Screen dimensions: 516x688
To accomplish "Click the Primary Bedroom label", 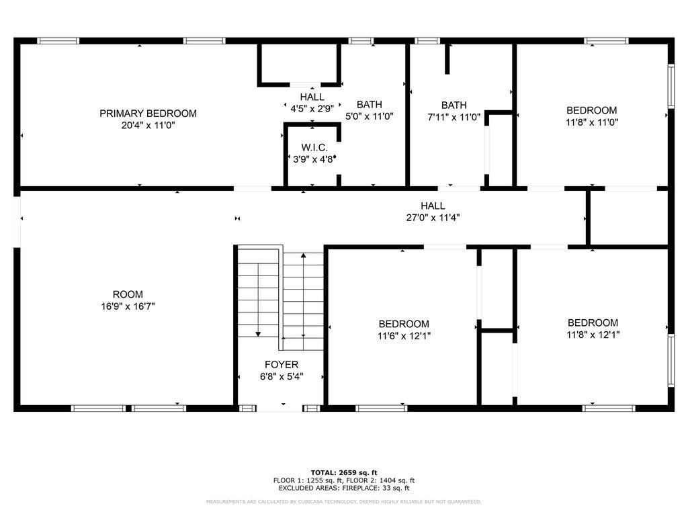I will tap(148, 114).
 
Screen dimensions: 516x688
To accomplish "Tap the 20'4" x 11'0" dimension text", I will tap(148, 125).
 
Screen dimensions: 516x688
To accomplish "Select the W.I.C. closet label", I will tap(314, 148).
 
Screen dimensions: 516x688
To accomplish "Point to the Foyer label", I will tap(281, 365).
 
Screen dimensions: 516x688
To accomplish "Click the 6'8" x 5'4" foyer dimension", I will tap(281, 376).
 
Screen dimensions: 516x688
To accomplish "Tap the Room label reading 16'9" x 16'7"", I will tap(128, 294).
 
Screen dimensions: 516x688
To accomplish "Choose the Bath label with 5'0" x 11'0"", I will tap(369, 104).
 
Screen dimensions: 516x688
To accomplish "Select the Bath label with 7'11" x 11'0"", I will tap(454, 105).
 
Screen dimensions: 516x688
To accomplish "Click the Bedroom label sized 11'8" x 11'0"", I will tap(591, 110).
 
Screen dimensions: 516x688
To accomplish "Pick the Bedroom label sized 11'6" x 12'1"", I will tap(403, 324).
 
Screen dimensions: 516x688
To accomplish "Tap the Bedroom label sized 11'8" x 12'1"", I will tap(593, 322).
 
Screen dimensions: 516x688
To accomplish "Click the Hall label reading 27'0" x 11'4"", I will tap(432, 206).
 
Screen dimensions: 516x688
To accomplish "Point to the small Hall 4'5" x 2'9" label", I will tap(312, 97).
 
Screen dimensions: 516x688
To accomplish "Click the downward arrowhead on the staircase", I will tap(258, 334).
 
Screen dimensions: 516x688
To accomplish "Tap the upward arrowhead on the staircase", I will tap(303, 255).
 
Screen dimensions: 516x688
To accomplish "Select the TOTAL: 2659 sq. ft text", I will tap(343, 472).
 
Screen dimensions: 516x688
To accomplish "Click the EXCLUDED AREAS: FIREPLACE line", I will tap(343, 488).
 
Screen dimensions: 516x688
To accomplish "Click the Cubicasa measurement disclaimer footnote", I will tap(343, 502).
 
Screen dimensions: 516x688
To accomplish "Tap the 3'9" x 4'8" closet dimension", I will tap(314, 159).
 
